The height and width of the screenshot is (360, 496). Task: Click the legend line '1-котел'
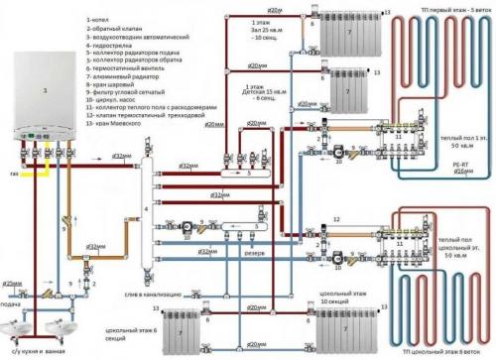pyautogui.click(x=101, y=20)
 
